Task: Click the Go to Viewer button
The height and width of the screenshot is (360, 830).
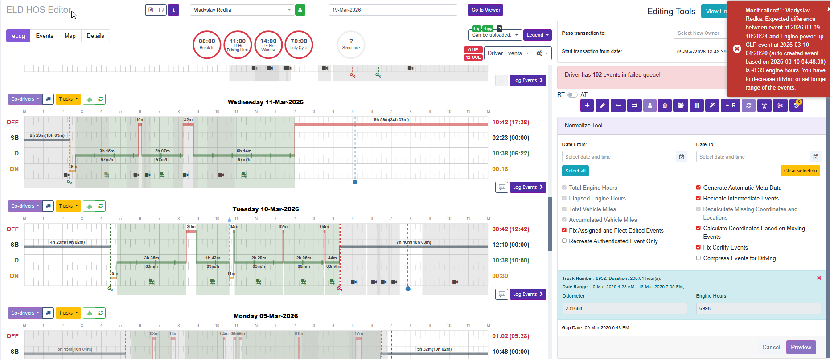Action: pos(485,10)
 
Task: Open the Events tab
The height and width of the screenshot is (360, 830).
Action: pos(45,36)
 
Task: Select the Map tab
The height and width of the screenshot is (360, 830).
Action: pos(70,36)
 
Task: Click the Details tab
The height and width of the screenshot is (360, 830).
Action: pos(95,36)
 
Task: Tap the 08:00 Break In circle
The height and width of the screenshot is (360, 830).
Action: pos(207,44)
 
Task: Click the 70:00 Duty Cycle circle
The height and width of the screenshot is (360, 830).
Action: pos(299,44)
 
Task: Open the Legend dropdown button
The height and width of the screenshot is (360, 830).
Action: pos(537,35)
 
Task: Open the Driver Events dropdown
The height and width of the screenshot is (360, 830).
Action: pos(508,53)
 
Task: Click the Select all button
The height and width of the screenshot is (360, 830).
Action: pos(575,171)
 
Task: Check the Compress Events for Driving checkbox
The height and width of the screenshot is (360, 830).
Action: pos(699,258)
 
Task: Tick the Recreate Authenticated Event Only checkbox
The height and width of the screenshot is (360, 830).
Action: pos(564,241)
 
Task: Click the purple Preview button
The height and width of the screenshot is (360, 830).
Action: pos(801,347)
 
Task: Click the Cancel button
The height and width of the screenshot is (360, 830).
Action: pos(771,347)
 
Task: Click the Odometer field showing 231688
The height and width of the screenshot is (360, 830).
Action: pos(624,308)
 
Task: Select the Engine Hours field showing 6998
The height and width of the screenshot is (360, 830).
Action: pos(758,308)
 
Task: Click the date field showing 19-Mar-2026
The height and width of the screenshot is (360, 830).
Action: pos(393,10)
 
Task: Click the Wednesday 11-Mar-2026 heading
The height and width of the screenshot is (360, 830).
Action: pos(265,102)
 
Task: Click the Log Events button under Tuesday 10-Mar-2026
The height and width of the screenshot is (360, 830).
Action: pos(528,294)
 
